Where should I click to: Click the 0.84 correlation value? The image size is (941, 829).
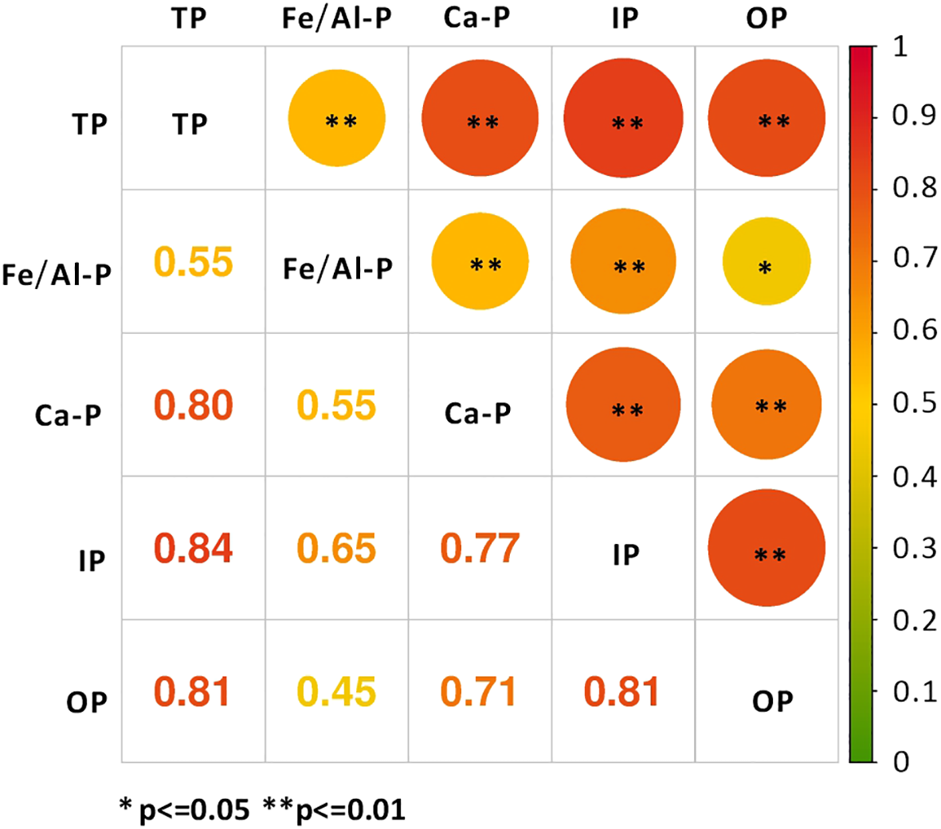[193, 549]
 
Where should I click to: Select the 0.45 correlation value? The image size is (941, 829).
[336, 692]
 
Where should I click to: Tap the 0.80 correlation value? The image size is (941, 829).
[193, 405]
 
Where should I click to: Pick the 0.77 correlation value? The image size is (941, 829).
[480, 549]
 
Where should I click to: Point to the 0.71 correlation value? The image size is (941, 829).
[480, 692]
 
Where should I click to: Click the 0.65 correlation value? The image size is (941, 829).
[336, 549]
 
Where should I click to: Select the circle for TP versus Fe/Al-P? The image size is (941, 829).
[337, 119]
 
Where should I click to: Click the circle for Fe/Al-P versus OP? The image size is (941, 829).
[767, 262]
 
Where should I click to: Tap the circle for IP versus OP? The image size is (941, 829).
[767, 549]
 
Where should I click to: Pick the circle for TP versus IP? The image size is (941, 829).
[624, 119]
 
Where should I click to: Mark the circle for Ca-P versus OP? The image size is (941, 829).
[767, 405]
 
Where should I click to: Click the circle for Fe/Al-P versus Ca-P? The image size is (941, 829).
[480, 262]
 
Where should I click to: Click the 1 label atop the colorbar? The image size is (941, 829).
[900, 47]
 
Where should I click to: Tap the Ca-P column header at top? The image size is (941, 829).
[477, 18]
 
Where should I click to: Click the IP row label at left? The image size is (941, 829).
[92, 561]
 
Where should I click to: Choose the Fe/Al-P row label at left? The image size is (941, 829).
[57, 275]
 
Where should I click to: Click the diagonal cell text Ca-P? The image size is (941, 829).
[478, 413]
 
